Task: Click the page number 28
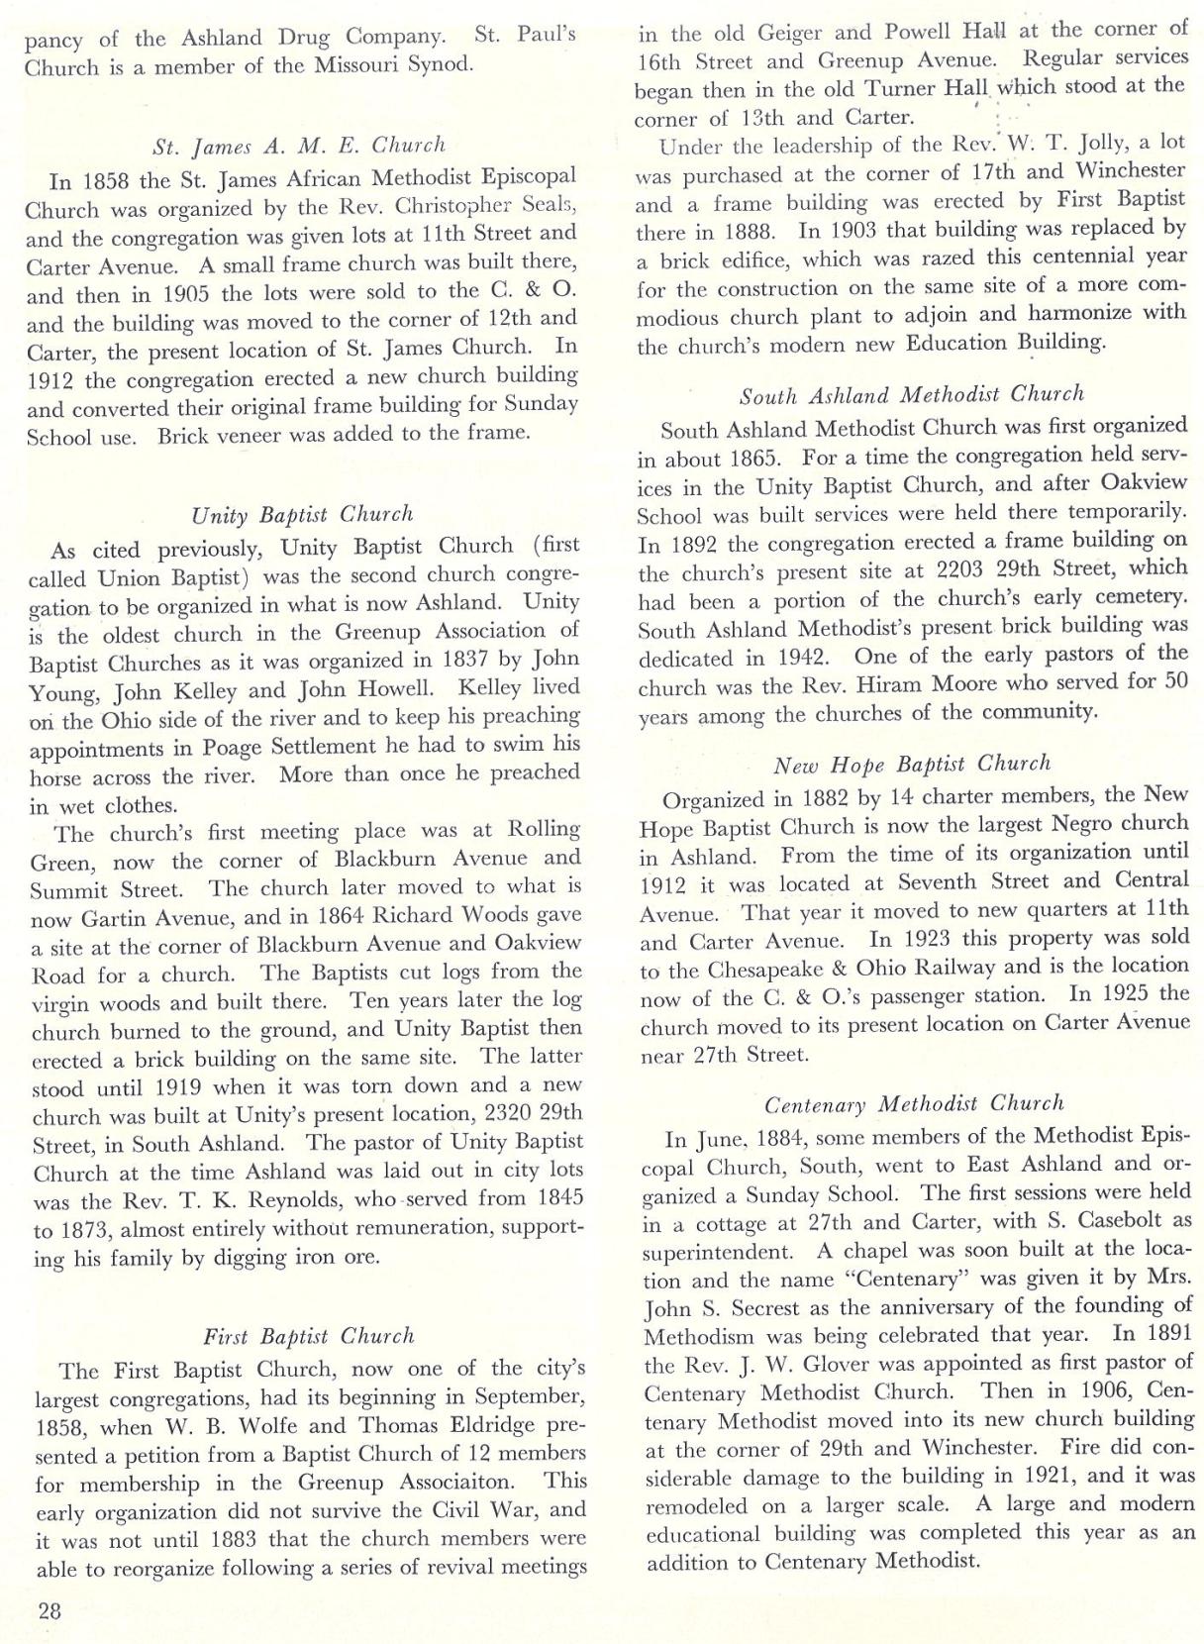point(50,1609)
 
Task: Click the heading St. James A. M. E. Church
point(299,147)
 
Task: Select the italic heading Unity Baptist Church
point(302,514)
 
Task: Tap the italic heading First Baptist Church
point(308,1336)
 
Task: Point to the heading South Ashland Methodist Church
point(912,394)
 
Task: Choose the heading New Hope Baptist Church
point(912,764)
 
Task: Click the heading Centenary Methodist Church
point(914,1103)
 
